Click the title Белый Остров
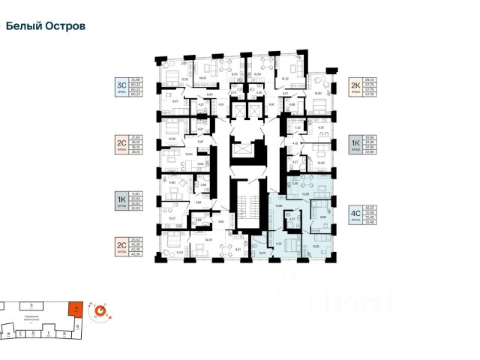pyautogui.click(x=45, y=25)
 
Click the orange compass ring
pyautogui.click(x=99, y=310)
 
